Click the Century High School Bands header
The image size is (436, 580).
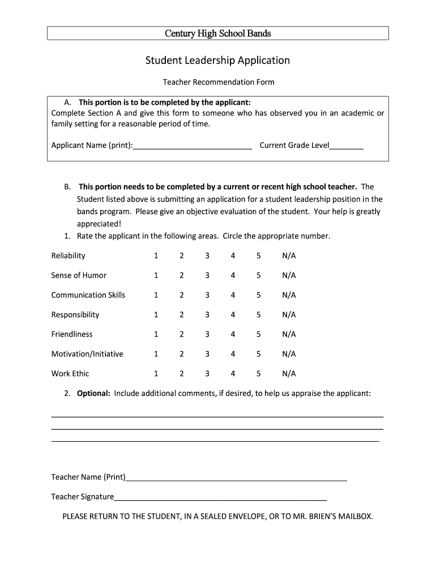pyautogui.click(x=218, y=33)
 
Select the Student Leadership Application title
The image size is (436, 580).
pyautogui.click(x=218, y=60)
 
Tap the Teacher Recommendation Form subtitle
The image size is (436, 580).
pyautogui.click(x=219, y=82)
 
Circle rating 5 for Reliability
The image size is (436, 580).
pyautogui.click(x=258, y=256)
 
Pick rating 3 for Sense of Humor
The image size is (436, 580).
pyautogui.click(x=207, y=275)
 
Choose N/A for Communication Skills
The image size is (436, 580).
pyautogui.click(x=289, y=295)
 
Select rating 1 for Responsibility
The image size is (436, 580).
pyautogui.click(x=156, y=315)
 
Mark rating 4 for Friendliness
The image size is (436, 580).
pyautogui.click(x=233, y=334)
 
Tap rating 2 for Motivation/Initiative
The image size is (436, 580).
pyautogui.click(x=182, y=354)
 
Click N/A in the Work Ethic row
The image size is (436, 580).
pyautogui.click(x=289, y=374)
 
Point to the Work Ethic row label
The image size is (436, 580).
pyautogui.click(x=70, y=374)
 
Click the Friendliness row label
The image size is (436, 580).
pyautogui.click(x=72, y=334)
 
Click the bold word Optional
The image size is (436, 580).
pyautogui.click(x=93, y=393)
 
